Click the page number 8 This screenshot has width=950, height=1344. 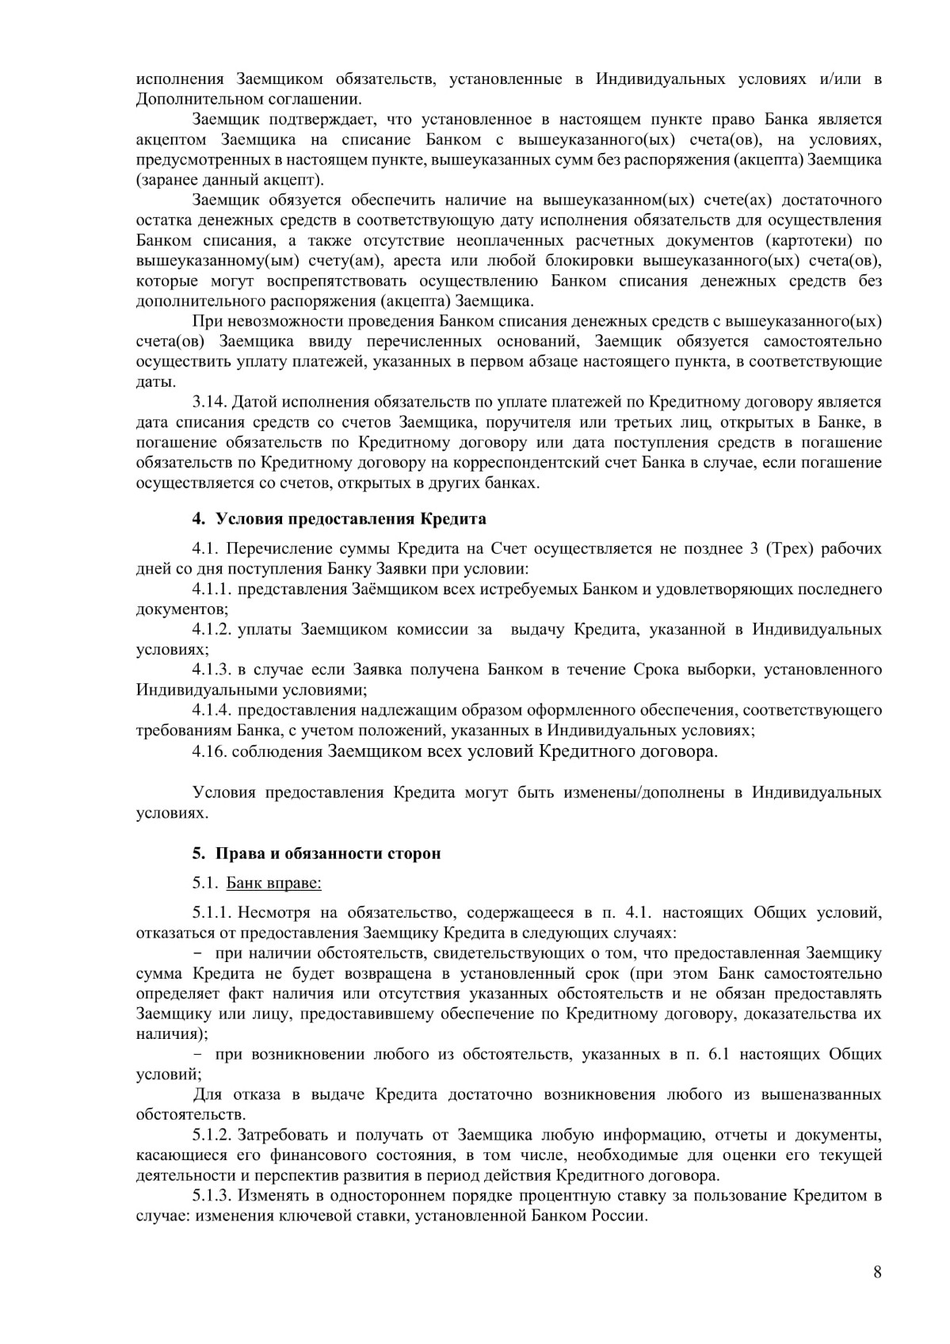tap(876, 1273)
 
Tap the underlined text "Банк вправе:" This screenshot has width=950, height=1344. tap(273, 883)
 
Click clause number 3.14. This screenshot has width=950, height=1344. tap(208, 402)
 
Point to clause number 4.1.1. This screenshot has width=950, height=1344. tap(212, 589)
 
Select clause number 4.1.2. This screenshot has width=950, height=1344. tap(212, 629)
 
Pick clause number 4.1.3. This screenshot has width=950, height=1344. tap(212, 670)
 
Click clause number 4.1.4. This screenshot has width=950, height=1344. tap(212, 710)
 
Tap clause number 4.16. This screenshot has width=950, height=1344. tap(208, 751)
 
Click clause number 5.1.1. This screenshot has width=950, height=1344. tap(212, 912)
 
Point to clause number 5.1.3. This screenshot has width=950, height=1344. tap(212, 1196)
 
